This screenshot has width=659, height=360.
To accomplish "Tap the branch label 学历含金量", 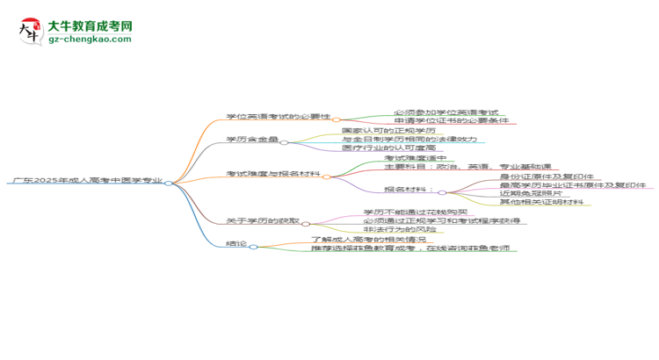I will (251, 140).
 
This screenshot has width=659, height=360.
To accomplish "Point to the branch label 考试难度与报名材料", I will (272, 175).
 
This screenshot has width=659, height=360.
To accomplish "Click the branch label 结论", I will (235, 247).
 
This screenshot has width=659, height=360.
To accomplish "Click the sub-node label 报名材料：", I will (409, 191).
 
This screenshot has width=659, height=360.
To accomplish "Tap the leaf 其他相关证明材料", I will (542, 203).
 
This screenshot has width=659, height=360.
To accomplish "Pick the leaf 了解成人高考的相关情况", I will (369, 240).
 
